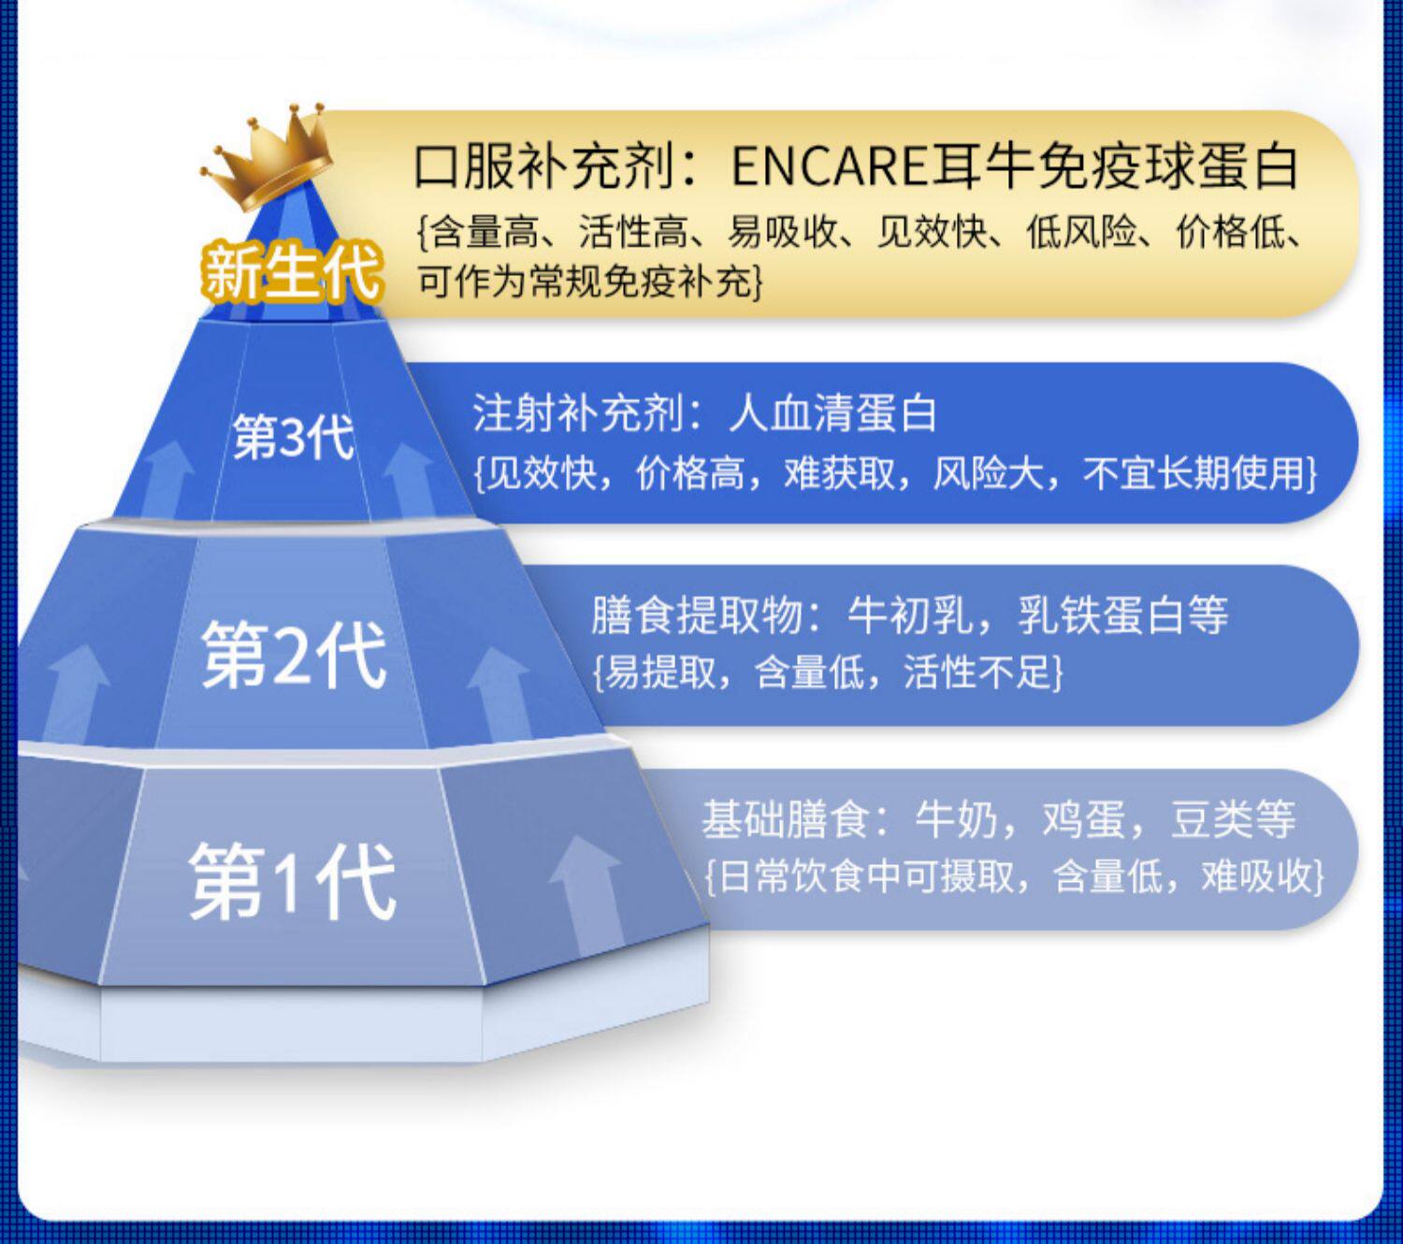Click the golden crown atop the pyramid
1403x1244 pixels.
[x=267, y=158]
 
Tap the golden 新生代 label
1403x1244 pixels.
[x=291, y=272]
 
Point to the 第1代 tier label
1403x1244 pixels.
[x=292, y=882]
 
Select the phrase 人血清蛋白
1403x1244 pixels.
[x=832, y=413]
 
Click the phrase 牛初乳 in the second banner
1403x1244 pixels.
[x=910, y=615]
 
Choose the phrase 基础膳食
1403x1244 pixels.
[x=786, y=819]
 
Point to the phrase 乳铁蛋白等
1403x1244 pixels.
[x=1122, y=615]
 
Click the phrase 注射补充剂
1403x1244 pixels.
[x=578, y=413]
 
